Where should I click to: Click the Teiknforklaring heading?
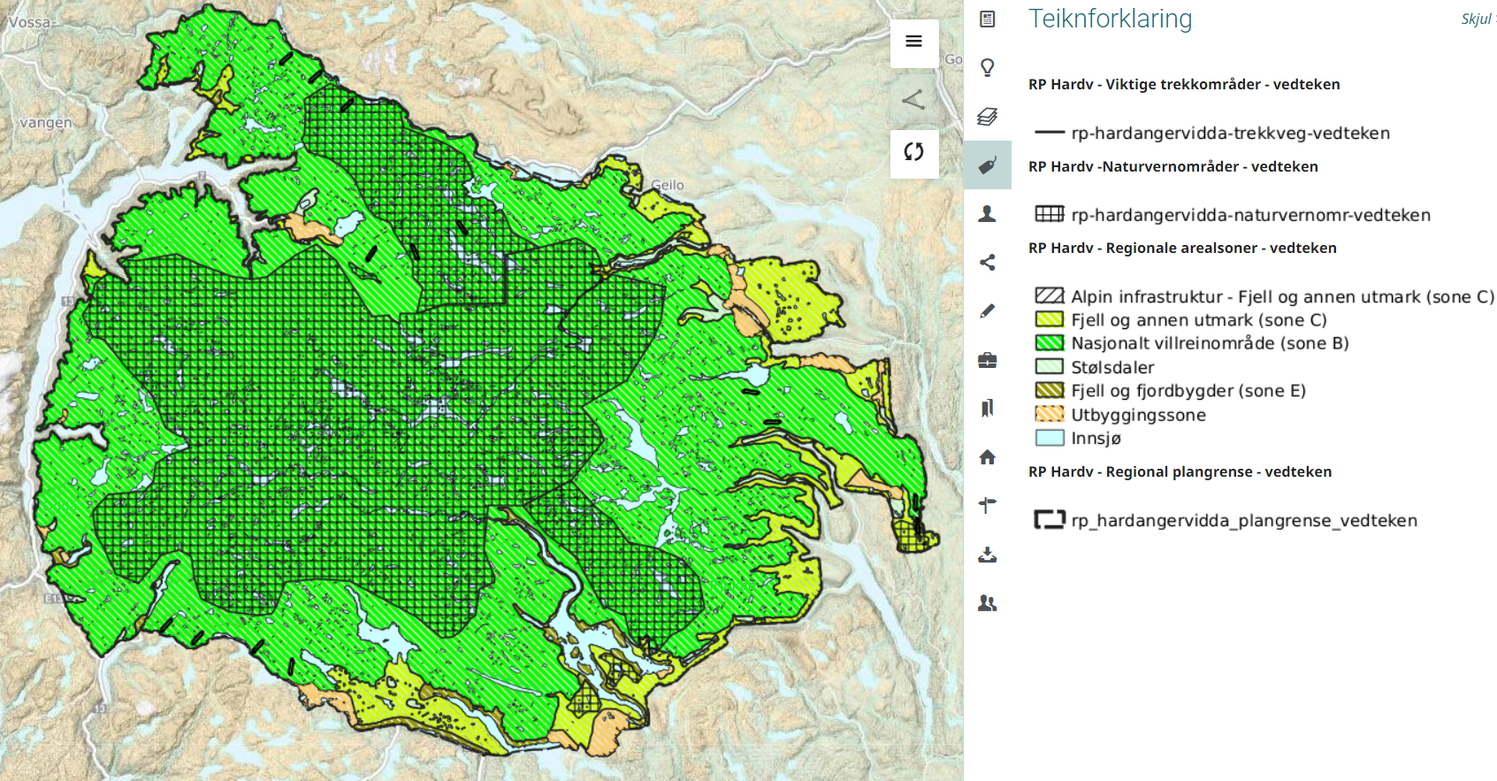(1110, 19)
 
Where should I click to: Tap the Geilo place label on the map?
(668, 185)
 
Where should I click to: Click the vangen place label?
(45, 123)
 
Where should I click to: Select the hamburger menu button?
(913, 42)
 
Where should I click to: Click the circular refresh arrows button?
(913, 152)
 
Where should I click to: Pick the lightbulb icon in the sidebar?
(988, 67)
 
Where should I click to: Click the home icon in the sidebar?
(988, 457)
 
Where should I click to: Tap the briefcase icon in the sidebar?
(988, 360)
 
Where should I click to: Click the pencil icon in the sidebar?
(988, 310)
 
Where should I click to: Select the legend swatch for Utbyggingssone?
(1049, 414)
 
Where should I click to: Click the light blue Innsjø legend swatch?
(1049, 438)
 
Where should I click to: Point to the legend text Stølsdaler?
(1112, 367)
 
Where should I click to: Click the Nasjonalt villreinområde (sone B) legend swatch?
(1049, 343)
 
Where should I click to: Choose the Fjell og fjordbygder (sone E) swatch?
(1049, 390)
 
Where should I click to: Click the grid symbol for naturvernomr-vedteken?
(1049, 214)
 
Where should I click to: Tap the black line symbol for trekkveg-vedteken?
(1049, 133)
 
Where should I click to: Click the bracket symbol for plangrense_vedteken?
(1049, 520)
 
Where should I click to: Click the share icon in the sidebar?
(988, 262)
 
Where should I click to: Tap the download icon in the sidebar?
(988, 555)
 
